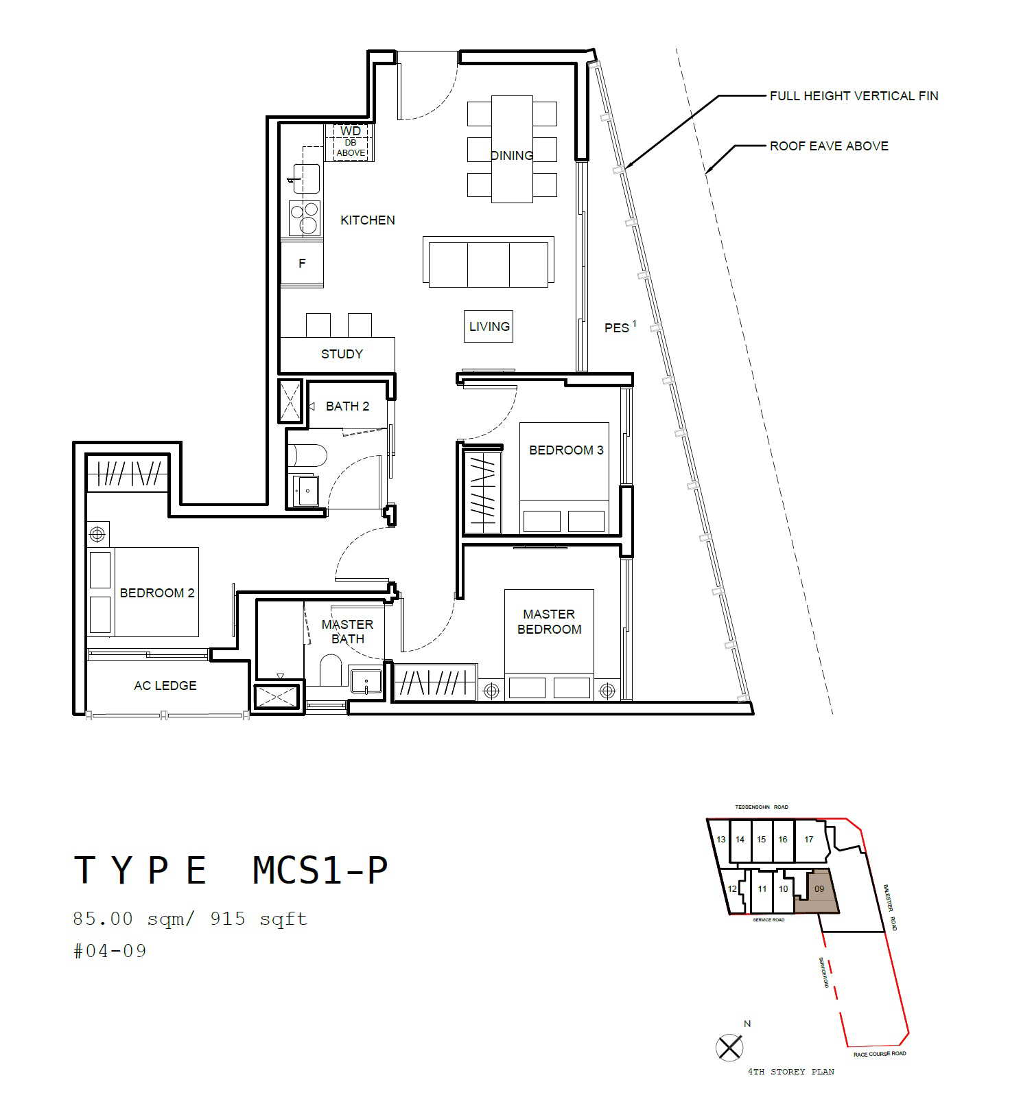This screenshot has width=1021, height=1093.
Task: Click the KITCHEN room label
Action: [x=368, y=220]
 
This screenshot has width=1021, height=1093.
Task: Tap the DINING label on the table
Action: [x=512, y=156]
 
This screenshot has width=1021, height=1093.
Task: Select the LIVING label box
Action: [x=489, y=327]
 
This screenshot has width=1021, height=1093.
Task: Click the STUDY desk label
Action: [x=342, y=354]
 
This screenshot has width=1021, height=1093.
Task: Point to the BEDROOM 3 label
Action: [x=566, y=450]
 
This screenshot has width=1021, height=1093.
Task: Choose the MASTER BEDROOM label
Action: [x=549, y=621]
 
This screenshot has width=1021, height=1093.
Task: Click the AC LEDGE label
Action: [x=165, y=686]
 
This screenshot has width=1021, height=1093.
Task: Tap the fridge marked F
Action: [x=302, y=264]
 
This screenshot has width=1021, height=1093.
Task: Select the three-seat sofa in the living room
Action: [x=489, y=262]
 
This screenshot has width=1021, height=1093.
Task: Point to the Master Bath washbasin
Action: [x=366, y=682]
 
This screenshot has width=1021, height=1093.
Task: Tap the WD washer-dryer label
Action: [x=350, y=131]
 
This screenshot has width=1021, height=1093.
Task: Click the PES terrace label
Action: [x=620, y=327]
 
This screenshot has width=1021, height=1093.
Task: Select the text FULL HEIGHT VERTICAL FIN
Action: [x=854, y=96]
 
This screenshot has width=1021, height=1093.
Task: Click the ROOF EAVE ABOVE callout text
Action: [x=829, y=146]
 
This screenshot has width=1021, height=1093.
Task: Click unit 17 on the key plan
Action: [x=809, y=839]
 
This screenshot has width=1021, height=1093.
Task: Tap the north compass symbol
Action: [x=729, y=1048]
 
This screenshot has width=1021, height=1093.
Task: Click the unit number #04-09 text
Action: [x=110, y=951]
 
